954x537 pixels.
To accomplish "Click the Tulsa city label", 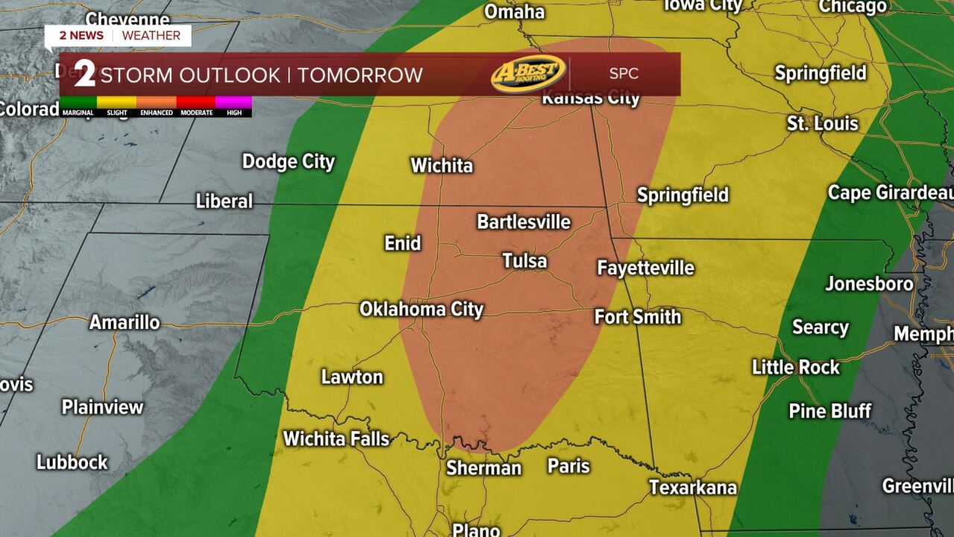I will pyautogui.click(x=525, y=261).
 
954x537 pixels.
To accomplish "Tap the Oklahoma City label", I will pyautogui.click(x=422, y=310).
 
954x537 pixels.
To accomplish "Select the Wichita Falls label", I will pyautogui.click(x=336, y=439).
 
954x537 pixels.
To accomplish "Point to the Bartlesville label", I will pyautogui.click(x=523, y=222).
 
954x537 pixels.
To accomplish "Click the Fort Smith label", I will pyautogui.click(x=637, y=317).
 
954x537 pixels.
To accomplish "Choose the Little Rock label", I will pyautogui.click(x=795, y=368).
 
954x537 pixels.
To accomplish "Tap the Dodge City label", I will pyautogui.click(x=288, y=162).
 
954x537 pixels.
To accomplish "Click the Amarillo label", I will pyautogui.click(x=124, y=323).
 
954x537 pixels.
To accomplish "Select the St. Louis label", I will pyautogui.click(x=822, y=124).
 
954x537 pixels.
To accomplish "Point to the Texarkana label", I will pyautogui.click(x=692, y=488).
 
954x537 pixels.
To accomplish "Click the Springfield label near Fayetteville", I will pyautogui.click(x=682, y=195).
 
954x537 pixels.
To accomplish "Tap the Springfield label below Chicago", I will pyautogui.click(x=820, y=73).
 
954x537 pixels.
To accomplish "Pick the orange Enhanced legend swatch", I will pyautogui.click(x=157, y=102).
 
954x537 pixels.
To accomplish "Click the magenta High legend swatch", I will pyautogui.click(x=234, y=102).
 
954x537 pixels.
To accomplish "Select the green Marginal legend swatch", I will pyautogui.click(x=78, y=102).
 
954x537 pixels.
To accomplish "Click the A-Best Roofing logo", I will pyautogui.click(x=528, y=74).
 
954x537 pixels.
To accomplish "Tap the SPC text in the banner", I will pyautogui.click(x=624, y=75).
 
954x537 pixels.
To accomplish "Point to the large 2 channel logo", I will pyautogui.click(x=84, y=75).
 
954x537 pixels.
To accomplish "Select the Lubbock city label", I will pyautogui.click(x=72, y=462).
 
